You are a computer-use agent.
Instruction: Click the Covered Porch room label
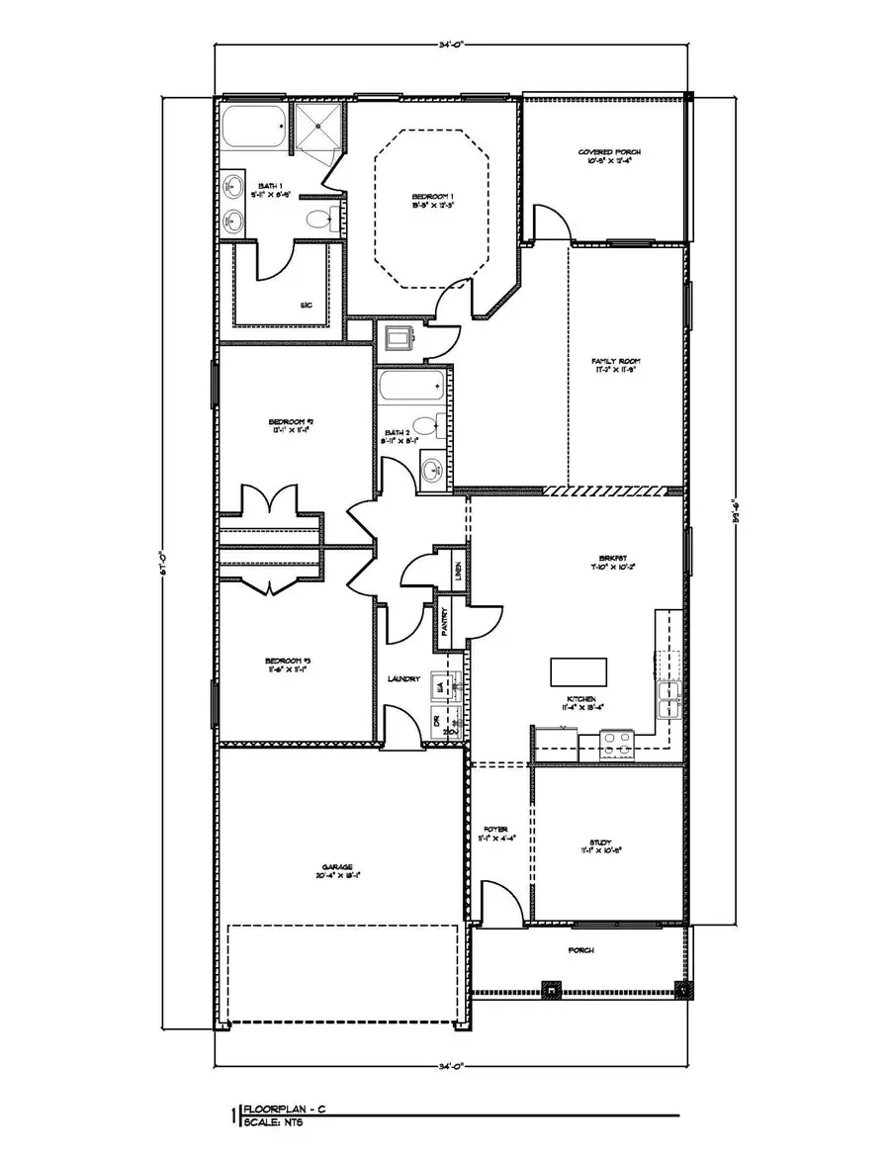[609, 151]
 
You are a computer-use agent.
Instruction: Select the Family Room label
[611, 362]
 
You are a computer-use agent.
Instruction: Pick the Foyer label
[494, 830]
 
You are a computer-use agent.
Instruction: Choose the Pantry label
[446, 621]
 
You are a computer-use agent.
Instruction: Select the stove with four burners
[617, 744]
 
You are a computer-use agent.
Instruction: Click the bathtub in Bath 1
[252, 128]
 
